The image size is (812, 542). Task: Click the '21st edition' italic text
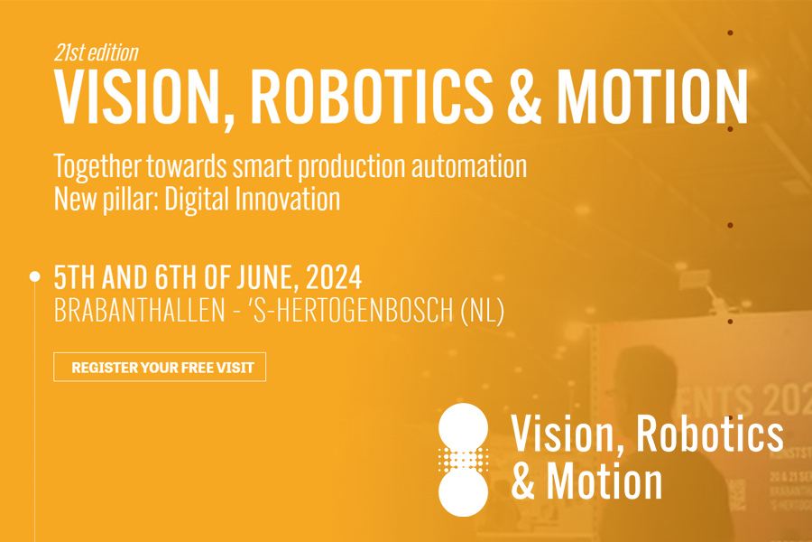click(96, 52)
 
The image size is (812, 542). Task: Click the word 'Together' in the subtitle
click(97, 167)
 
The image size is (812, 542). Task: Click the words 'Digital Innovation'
click(268, 199)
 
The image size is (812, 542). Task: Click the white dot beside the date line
click(35, 276)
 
